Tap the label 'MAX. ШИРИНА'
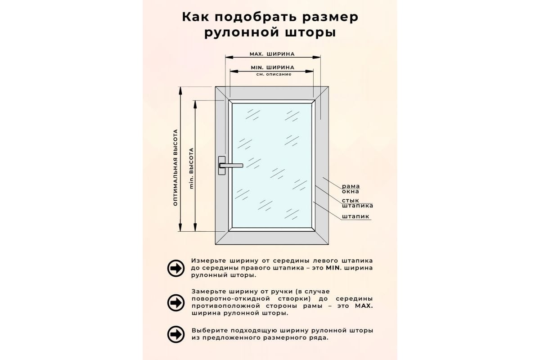click(272, 54)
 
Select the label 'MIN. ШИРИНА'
click(273, 67)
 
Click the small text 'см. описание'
click(274, 74)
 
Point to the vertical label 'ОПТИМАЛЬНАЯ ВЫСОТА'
click(175, 167)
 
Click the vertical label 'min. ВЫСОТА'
click(191, 168)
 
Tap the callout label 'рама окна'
click(351, 189)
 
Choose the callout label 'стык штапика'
click(357, 203)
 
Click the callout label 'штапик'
click(355, 216)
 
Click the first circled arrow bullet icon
click(176, 268)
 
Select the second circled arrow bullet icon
click(176, 302)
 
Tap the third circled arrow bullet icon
click(176, 334)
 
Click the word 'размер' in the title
click(330, 18)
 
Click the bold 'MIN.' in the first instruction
click(334, 268)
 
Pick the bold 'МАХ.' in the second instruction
click(364, 306)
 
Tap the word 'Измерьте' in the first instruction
click(208, 261)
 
